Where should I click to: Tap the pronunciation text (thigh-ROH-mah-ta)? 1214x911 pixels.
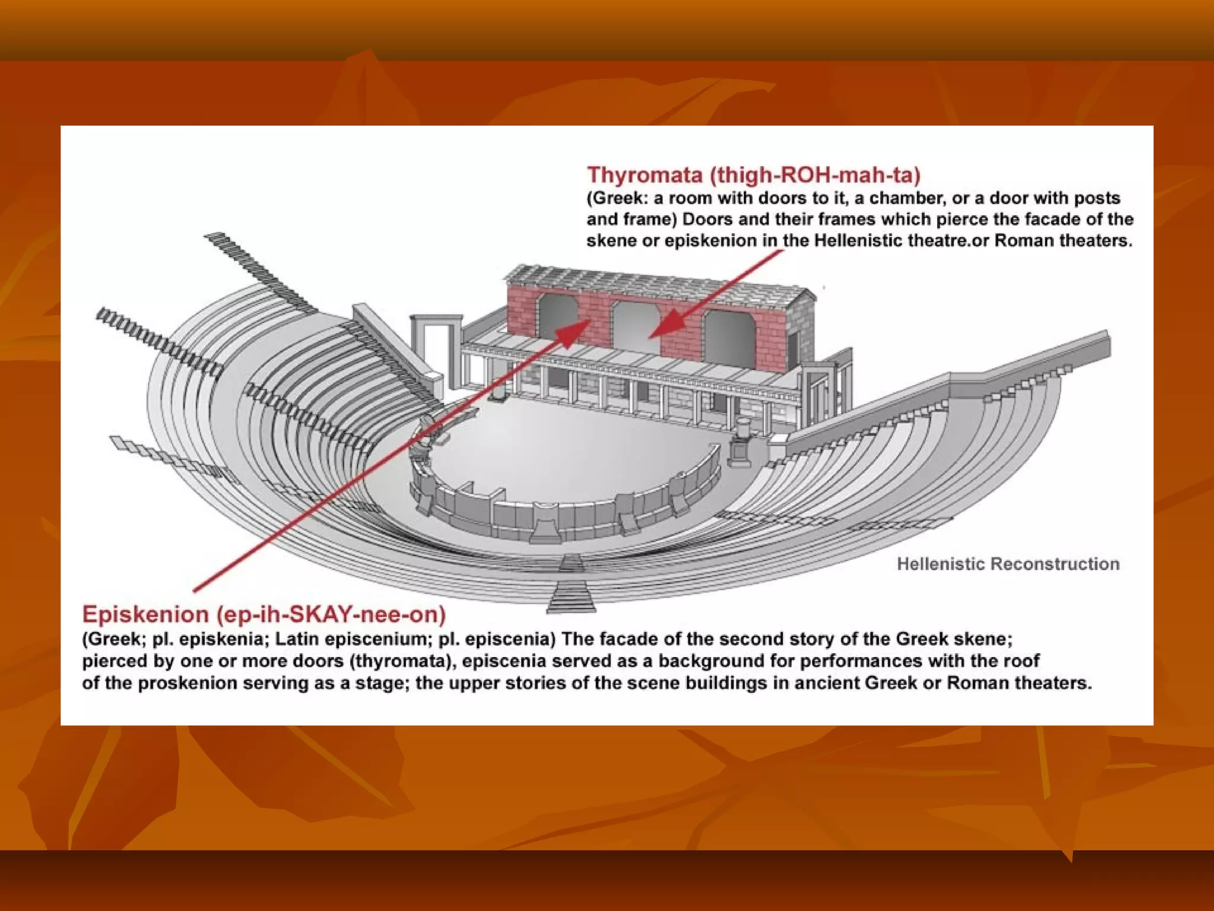point(816,175)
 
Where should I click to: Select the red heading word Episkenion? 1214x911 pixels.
point(145,614)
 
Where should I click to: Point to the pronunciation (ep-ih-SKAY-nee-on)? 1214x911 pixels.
point(331,614)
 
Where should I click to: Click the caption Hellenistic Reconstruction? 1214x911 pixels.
point(1008,563)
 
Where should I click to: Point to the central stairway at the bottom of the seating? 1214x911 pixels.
point(571,587)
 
